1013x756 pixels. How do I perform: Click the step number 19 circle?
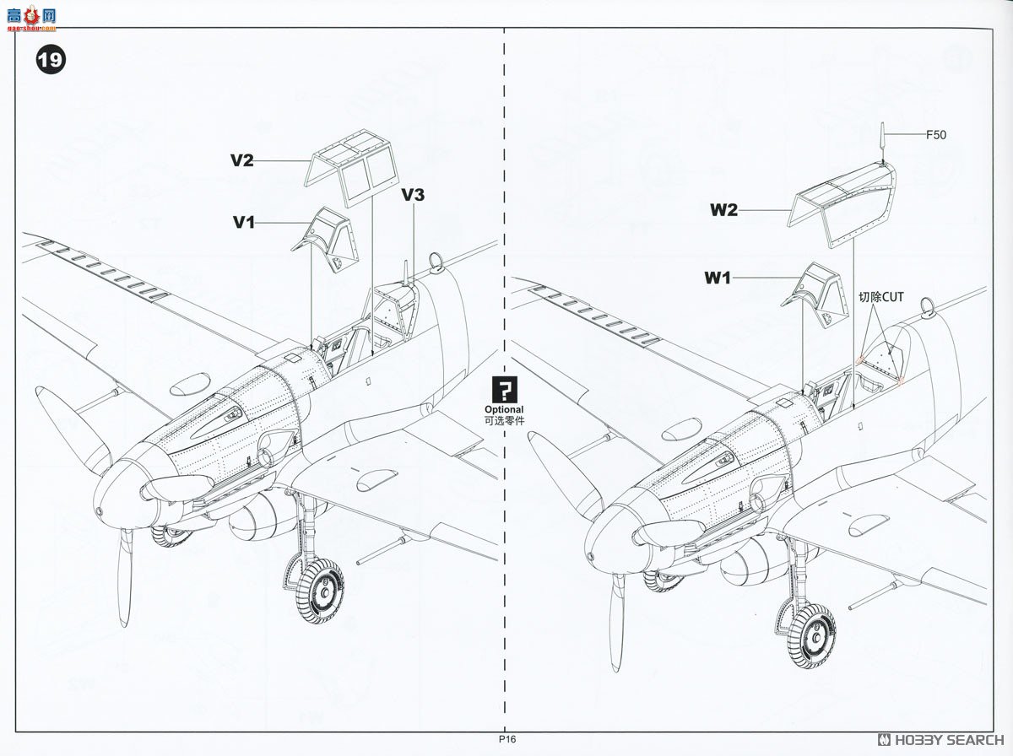point(50,61)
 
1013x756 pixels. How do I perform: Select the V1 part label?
point(244,222)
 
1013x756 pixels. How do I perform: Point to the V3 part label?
point(413,195)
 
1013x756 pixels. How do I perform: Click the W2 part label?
point(723,210)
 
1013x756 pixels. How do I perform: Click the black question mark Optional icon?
point(504,390)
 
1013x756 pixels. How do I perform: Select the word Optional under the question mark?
point(504,409)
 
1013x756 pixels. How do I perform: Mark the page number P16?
point(506,739)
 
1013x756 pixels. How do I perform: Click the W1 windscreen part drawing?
point(814,292)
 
